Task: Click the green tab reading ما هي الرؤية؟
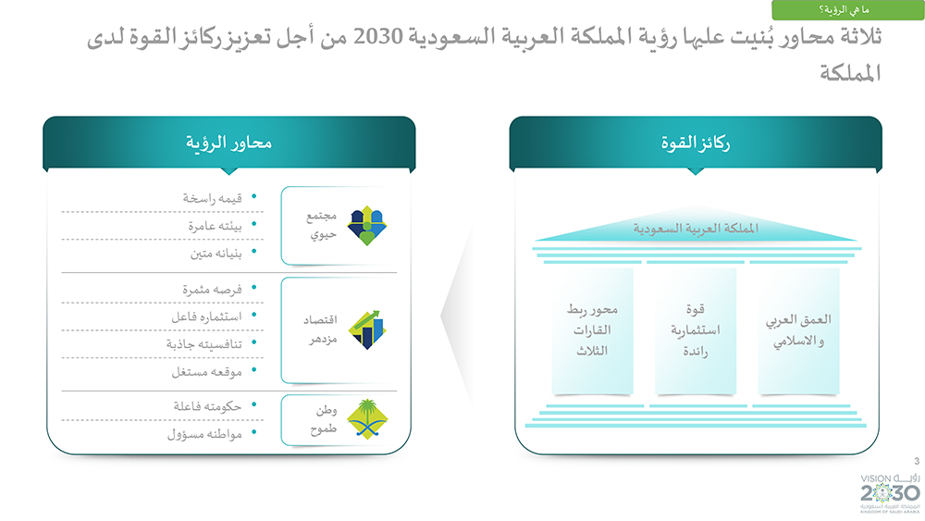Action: coord(847,10)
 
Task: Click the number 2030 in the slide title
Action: coord(378,37)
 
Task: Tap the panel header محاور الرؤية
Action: coord(228,143)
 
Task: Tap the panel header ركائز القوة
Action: coord(696,143)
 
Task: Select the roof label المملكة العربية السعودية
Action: coord(696,229)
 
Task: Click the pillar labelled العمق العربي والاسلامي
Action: coord(798,330)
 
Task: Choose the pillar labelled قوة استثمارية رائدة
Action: coord(696,330)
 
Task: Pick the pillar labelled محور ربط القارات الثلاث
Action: coord(592,330)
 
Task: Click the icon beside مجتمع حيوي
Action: coord(366,226)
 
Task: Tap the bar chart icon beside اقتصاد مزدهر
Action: coord(366,329)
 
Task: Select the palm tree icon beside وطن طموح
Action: coord(367,419)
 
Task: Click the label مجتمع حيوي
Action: coord(322,226)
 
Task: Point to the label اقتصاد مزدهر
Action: coord(321,329)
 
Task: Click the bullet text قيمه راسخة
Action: coord(213,198)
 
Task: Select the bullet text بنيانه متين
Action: coord(216,254)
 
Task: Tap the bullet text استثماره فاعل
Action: coord(206,316)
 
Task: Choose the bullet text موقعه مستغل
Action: coord(206,372)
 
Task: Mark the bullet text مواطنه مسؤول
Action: coord(204,435)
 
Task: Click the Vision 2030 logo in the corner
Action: coord(890,492)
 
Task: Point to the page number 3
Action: coord(916,461)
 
